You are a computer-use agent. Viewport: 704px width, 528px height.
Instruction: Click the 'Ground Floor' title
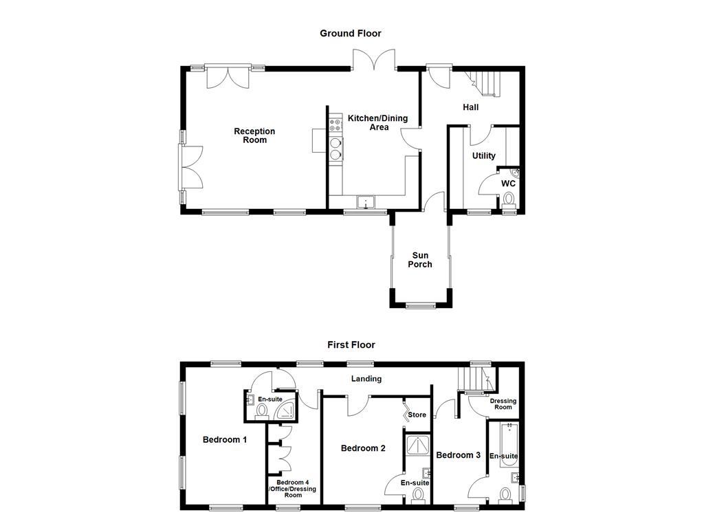click(x=350, y=33)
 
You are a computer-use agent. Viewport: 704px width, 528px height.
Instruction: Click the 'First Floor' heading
click(x=351, y=344)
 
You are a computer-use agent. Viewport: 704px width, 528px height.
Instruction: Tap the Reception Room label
click(x=254, y=135)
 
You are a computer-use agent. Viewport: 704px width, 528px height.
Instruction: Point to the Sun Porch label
click(x=420, y=259)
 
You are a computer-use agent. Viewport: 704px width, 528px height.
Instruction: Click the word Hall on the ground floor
click(x=470, y=107)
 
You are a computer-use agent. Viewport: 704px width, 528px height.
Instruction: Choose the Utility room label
click(x=483, y=156)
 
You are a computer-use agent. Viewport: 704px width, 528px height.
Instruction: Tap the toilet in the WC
click(x=509, y=199)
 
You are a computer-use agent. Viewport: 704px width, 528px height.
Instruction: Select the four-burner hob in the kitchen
click(x=336, y=125)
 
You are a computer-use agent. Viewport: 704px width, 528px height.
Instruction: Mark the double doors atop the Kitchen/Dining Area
click(x=375, y=60)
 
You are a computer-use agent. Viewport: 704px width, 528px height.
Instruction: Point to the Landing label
click(x=366, y=379)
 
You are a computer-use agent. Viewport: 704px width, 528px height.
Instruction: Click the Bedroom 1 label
click(x=225, y=440)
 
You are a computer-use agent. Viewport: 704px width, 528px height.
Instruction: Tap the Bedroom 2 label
click(x=363, y=448)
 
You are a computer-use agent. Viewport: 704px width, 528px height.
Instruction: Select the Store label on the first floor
click(x=417, y=415)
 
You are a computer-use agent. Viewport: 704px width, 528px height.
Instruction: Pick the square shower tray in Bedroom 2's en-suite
click(x=415, y=445)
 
